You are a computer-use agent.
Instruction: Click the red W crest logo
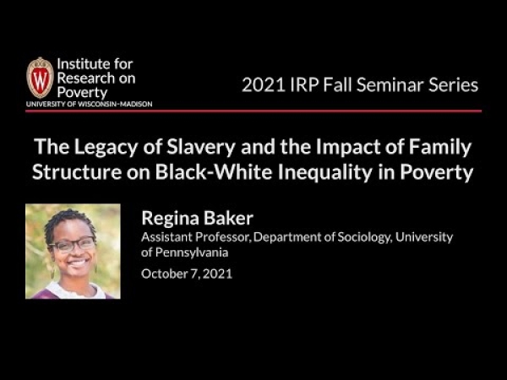(40, 78)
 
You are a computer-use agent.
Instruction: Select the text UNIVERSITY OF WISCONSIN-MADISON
(90, 104)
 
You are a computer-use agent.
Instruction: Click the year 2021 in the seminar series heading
(263, 85)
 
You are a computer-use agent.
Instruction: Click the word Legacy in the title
(106, 147)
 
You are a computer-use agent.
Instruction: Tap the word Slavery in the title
(201, 147)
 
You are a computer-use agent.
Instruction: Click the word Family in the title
(440, 147)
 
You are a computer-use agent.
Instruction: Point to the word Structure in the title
(77, 172)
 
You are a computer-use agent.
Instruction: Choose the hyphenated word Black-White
(214, 172)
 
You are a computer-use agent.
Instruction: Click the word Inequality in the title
(325, 172)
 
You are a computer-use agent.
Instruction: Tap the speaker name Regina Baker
(197, 219)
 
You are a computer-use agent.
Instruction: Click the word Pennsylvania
(192, 252)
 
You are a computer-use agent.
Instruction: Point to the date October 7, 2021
(187, 274)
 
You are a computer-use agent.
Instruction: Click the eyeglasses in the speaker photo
(73, 245)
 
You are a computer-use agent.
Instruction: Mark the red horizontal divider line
(253, 111)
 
